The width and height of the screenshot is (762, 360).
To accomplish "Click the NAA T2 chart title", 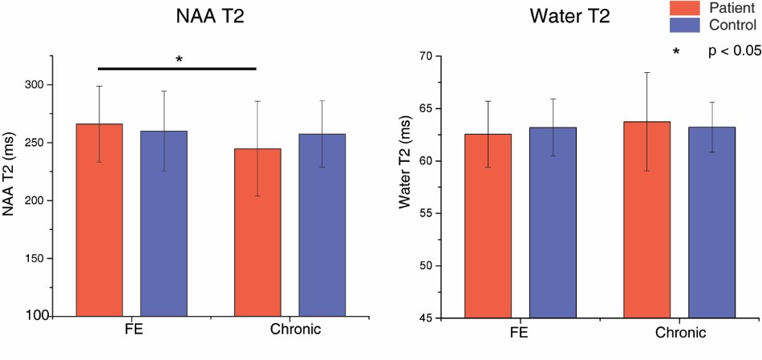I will (210, 17).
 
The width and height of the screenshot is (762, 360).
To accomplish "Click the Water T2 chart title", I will (569, 17).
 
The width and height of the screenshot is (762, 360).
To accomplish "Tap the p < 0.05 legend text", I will (733, 51).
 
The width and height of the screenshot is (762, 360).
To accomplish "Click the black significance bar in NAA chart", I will (176, 69).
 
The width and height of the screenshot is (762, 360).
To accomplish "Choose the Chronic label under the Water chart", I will (681, 332).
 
